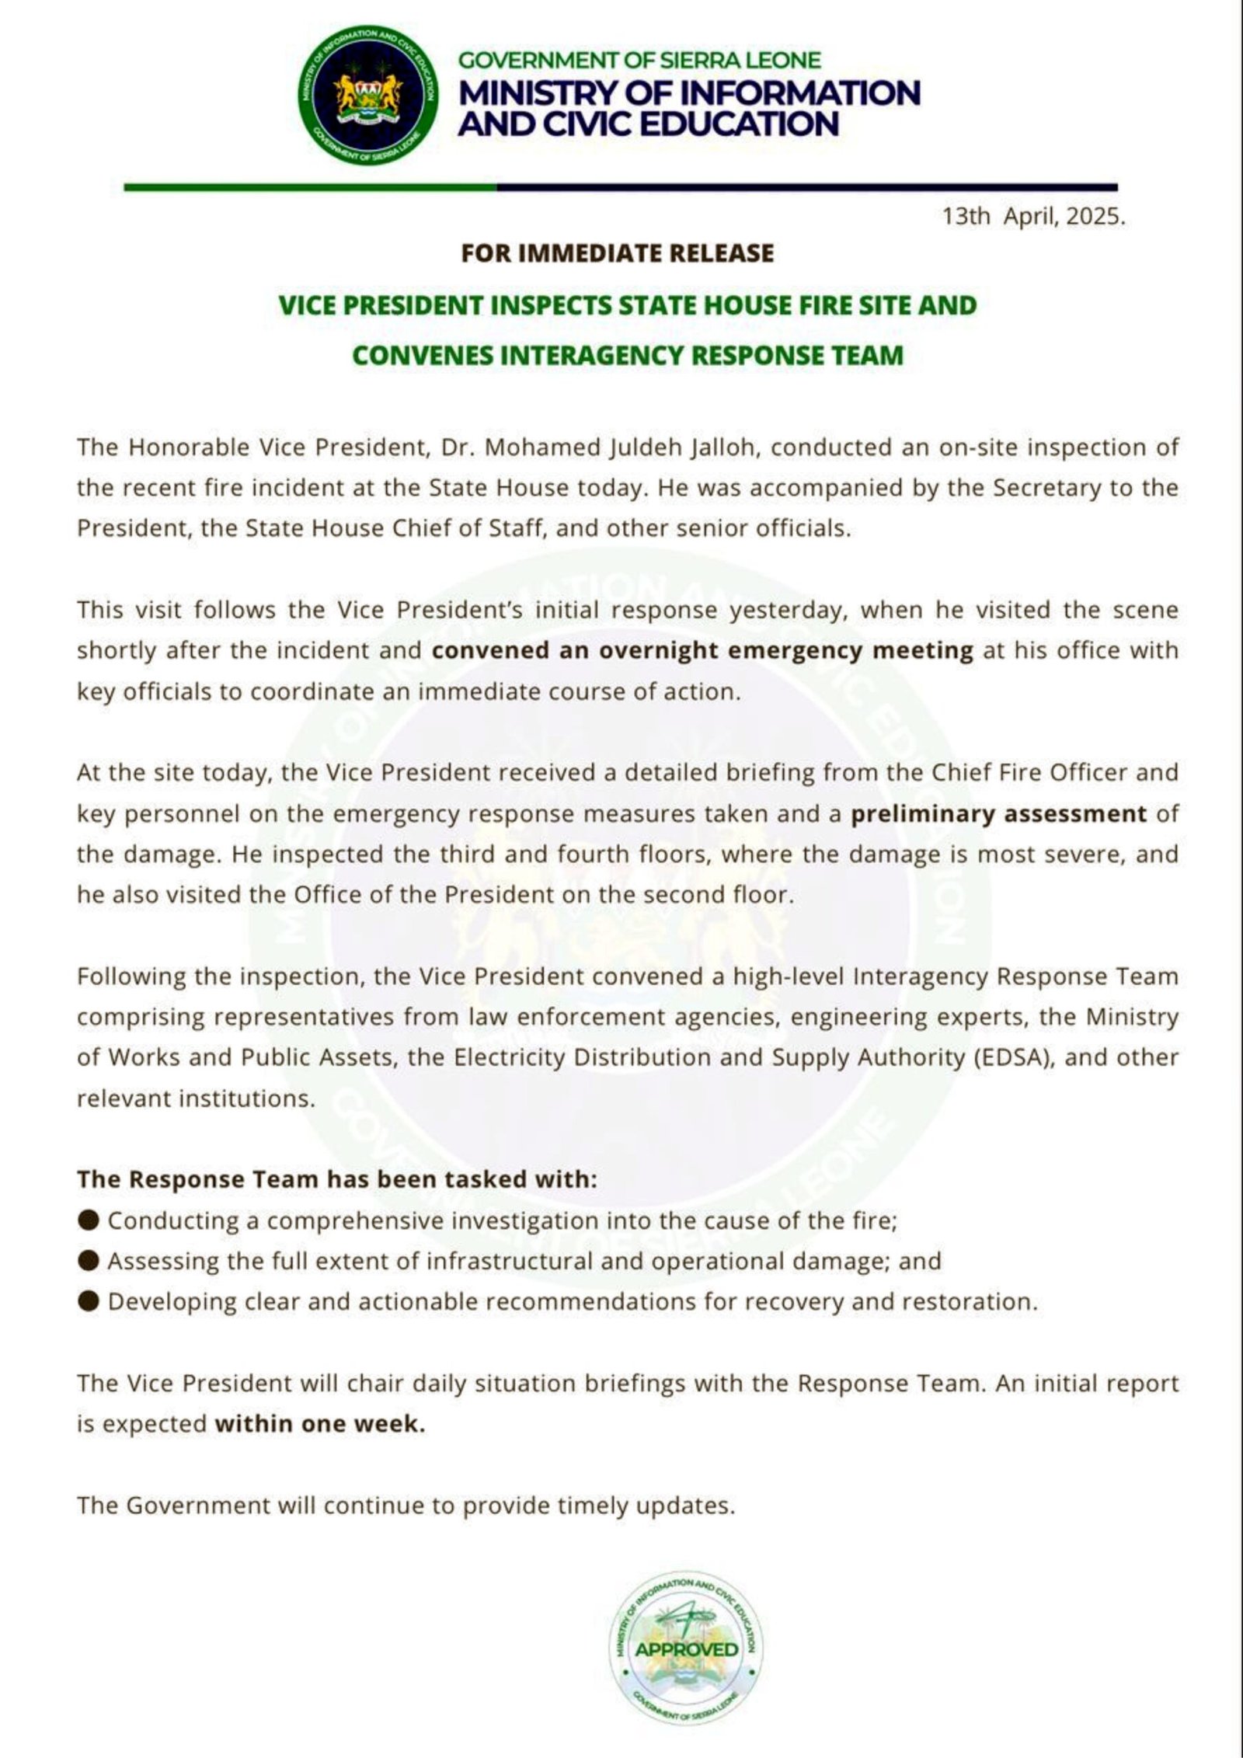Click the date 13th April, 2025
coord(1033,217)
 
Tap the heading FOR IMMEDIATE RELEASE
coord(618,253)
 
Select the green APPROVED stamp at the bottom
coord(685,1648)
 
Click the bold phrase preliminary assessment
coord(999,813)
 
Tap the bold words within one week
coord(320,1424)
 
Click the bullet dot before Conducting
coord(89,1220)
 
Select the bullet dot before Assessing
coord(89,1261)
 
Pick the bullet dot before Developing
coord(89,1301)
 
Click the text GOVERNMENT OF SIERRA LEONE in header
coord(639,61)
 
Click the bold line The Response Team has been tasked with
coord(337,1179)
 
